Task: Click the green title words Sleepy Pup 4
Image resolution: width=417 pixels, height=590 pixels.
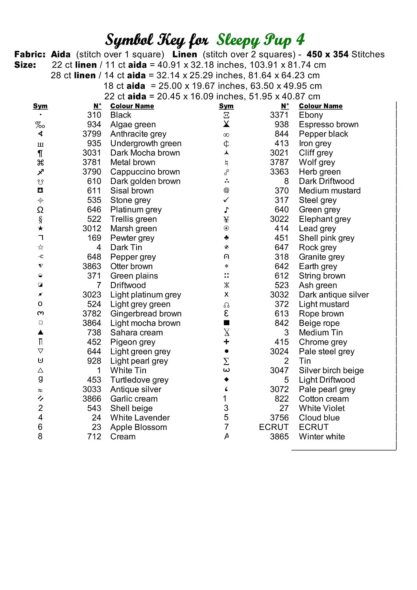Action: [x=260, y=40]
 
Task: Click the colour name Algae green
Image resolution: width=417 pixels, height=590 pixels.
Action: [x=133, y=125]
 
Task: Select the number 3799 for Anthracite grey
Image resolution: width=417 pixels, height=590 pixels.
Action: [x=92, y=134]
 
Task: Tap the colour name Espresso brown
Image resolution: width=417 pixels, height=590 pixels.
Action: [x=328, y=125]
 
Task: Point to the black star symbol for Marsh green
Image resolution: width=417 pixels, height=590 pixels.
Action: [x=40, y=229]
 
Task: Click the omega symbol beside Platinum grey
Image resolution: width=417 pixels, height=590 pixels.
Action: [x=40, y=210]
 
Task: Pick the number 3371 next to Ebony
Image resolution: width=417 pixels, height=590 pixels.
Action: [x=279, y=115]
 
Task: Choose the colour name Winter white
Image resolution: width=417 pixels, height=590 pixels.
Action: [x=322, y=437]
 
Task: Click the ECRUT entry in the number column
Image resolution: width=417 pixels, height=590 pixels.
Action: [x=274, y=427]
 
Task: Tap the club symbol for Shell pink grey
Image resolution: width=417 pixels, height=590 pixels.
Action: [x=226, y=238]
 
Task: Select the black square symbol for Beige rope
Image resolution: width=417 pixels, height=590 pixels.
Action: [x=226, y=323]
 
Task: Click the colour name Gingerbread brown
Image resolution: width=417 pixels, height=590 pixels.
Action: [x=146, y=314]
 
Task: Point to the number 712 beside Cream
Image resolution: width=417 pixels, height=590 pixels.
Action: [x=94, y=437]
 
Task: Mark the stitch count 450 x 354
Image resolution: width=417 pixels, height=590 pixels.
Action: [x=328, y=54]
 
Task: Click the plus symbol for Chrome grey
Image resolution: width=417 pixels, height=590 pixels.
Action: [x=226, y=342]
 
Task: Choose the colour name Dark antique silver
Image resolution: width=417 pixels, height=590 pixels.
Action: [x=334, y=295]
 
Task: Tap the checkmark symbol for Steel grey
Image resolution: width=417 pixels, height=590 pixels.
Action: [x=226, y=200]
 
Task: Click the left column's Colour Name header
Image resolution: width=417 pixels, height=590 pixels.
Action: [x=132, y=106]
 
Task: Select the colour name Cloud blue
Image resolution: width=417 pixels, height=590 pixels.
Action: [x=319, y=418]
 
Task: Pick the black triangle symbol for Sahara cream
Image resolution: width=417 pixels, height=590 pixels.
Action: [x=40, y=332]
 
